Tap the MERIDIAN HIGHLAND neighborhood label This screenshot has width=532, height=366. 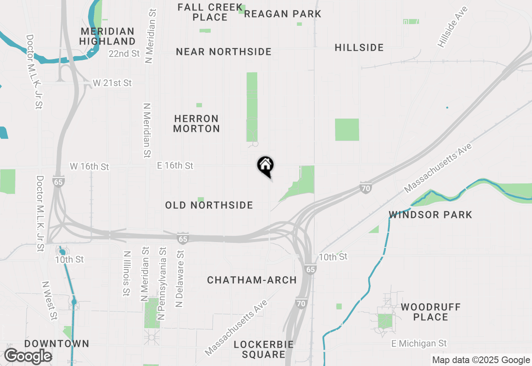107,36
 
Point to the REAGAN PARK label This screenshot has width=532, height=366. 283,14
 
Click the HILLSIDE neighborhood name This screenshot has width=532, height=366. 359,47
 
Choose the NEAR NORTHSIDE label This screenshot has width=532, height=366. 224,52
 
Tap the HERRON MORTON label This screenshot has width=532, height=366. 197,124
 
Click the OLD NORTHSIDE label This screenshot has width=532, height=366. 209,205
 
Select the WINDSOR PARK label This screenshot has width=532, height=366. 431,215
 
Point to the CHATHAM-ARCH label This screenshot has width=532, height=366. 252,280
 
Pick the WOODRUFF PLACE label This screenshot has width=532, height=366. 431,312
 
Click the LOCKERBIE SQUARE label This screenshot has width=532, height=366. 264,349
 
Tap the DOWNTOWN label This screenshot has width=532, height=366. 57,344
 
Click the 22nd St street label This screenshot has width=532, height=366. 124,54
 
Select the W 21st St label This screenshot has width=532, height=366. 112,83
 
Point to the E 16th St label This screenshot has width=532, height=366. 175,166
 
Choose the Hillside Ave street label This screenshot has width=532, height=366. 453,26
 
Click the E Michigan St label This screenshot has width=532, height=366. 419,344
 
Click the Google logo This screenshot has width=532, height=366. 28,356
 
